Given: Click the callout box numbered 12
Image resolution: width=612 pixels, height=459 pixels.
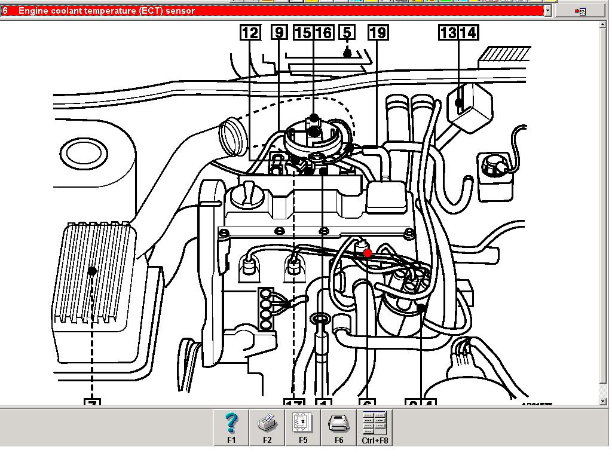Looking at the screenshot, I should (x=250, y=33).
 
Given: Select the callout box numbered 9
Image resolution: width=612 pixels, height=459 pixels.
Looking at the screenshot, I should (x=279, y=33).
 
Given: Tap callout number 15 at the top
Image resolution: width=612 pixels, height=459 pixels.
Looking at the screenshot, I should (x=304, y=33).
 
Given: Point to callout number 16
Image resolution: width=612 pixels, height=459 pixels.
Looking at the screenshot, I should (x=323, y=33).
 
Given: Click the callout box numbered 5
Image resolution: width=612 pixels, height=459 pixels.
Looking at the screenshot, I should (x=347, y=33).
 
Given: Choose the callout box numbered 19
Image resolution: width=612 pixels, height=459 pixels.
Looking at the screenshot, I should (x=378, y=33).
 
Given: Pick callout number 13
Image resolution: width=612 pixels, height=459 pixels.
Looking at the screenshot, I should (x=448, y=33).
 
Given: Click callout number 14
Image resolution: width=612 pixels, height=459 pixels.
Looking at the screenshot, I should (x=468, y=33).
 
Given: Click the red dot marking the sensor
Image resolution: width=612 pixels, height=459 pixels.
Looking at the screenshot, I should (x=368, y=253).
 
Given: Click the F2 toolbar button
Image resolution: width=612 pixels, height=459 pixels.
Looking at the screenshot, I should (x=267, y=428).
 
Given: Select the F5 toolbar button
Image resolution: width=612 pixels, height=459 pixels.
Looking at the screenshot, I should (x=303, y=428).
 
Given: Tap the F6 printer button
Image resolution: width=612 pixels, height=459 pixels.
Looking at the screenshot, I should (x=339, y=428).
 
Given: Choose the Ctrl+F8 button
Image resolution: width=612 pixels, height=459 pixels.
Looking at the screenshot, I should (x=375, y=428).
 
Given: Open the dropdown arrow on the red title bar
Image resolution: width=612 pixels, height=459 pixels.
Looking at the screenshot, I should (x=547, y=11).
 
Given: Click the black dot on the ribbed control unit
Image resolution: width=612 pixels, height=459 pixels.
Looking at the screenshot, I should (x=92, y=271).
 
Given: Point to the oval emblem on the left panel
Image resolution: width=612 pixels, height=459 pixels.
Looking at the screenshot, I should (x=87, y=153).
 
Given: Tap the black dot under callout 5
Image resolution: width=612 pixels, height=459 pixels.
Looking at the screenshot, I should (x=347, y=53).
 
